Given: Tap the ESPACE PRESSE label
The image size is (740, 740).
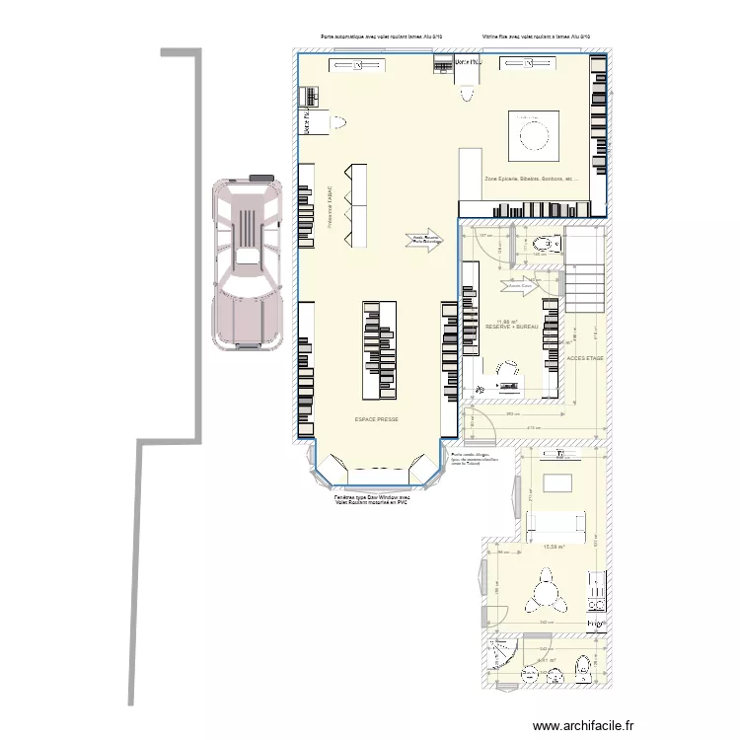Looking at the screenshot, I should (x=376, y=419).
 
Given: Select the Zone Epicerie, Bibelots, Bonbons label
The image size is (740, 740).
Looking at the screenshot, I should (x=531, y=179).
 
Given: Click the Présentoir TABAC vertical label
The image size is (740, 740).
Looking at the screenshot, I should (x=331, y=208).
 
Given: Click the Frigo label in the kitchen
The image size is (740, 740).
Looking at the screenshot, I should (x=595, y=625).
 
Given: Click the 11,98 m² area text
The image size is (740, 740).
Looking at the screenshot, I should (x=508, y=320).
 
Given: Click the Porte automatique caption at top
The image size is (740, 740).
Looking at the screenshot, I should (x=381, y=37).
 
